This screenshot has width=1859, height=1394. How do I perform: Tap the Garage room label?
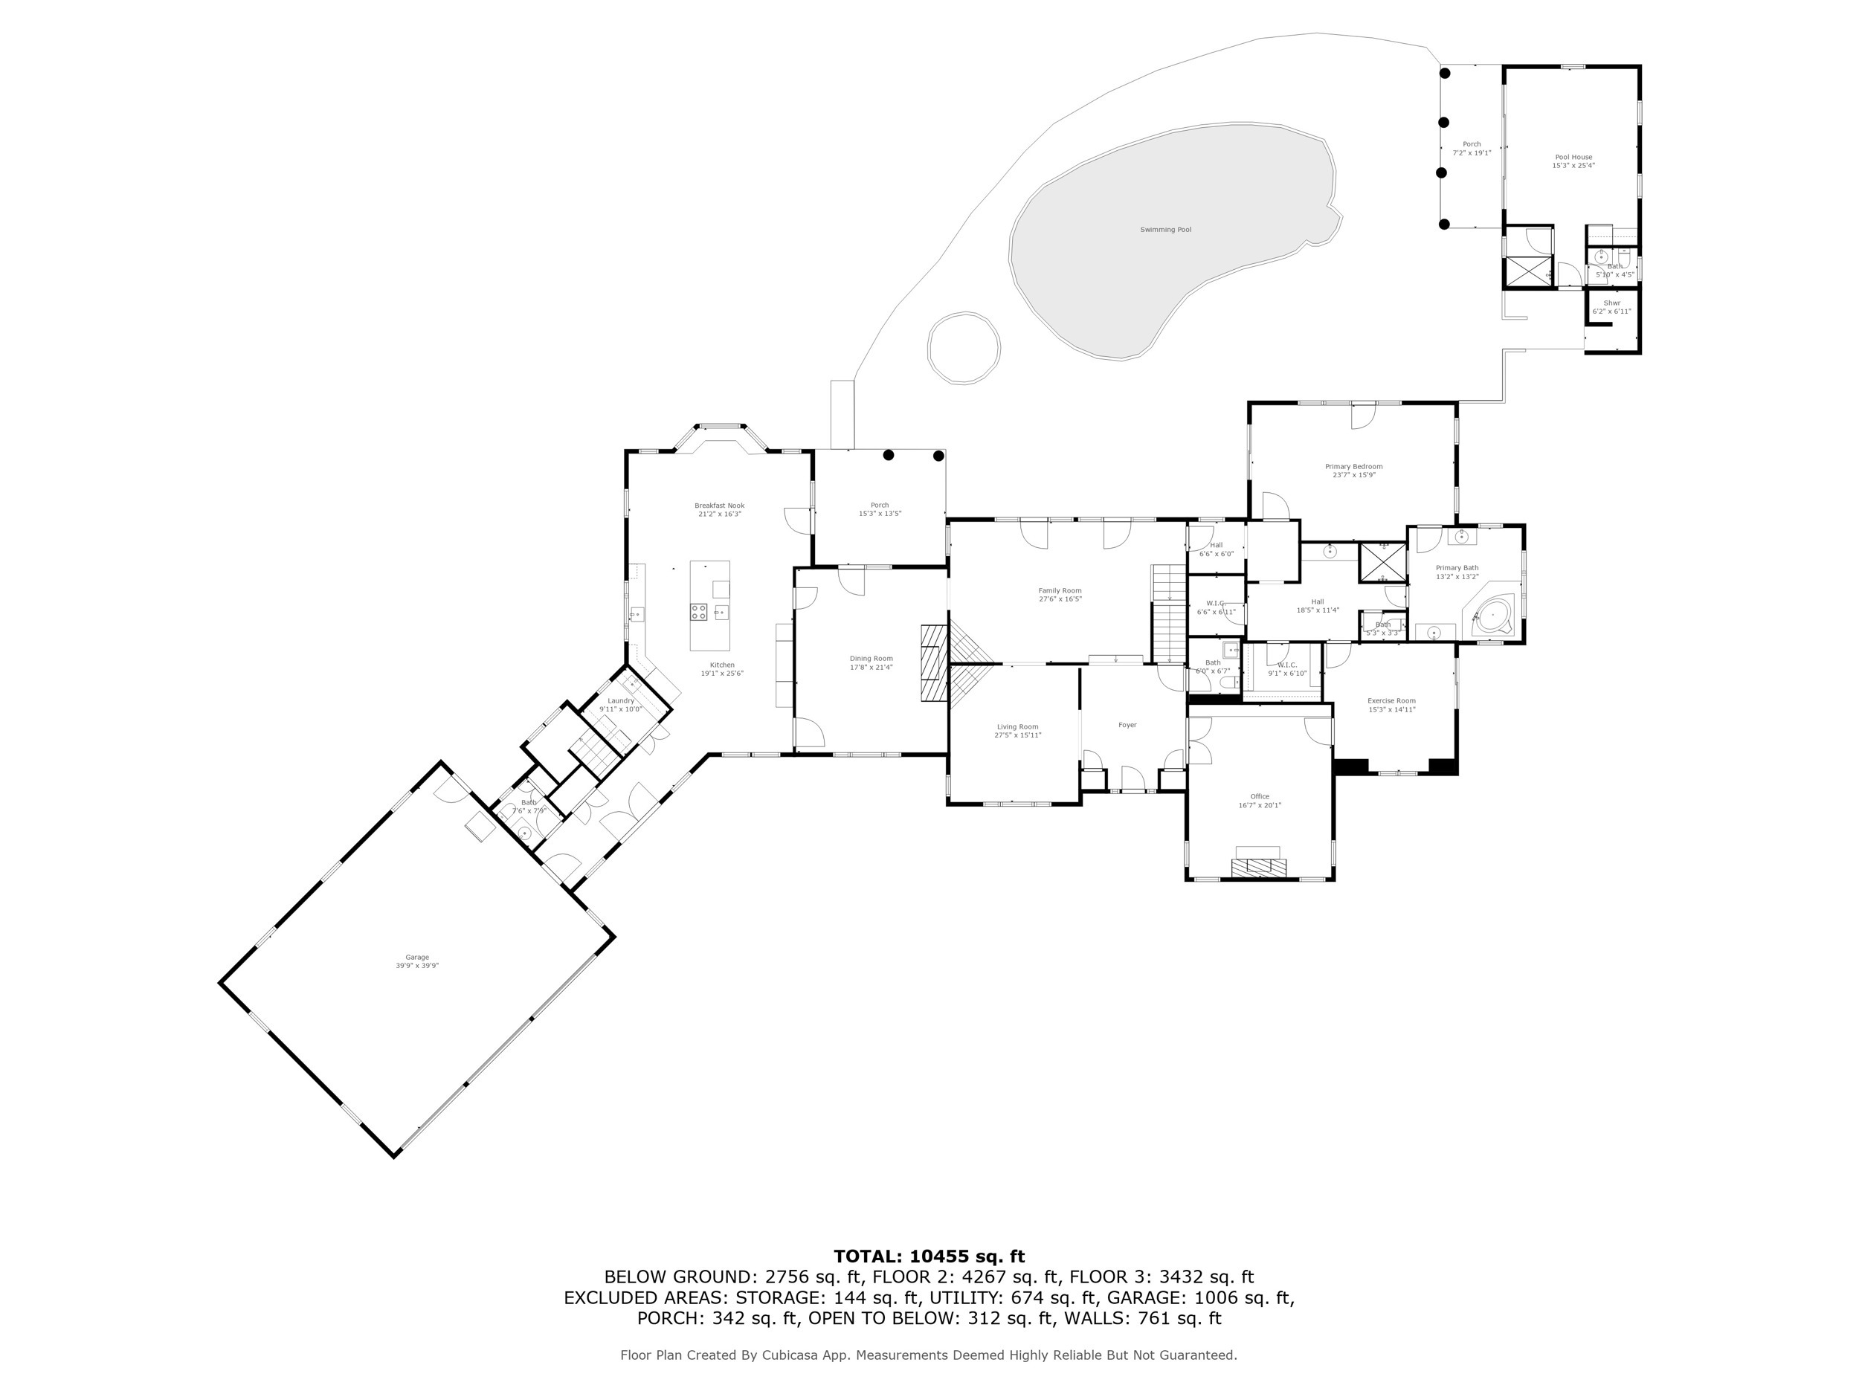coord(417,957)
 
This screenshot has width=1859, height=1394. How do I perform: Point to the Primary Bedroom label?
coord(1353,466)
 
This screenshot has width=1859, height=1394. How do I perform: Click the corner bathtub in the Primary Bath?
coord(1492,616)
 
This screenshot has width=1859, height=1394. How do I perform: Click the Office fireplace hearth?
coord(1257,867)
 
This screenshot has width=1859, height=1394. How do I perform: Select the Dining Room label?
coord(871,659)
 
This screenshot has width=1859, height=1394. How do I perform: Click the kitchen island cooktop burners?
coord(698,611)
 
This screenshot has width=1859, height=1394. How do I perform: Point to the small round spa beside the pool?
coord(963,348)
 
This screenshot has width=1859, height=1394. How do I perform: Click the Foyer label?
coord(1127,725)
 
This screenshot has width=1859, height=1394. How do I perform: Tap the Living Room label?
coord(1017,727)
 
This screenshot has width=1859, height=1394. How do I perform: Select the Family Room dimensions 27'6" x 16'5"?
coord(1060,599)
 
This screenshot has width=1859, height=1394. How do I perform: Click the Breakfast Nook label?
coord(718,506)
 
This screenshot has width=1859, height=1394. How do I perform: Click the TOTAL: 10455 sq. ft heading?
coord(929,1257)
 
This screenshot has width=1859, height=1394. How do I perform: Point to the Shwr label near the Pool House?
coord(1611,303)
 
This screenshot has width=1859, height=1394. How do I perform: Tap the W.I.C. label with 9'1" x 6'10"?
coord(1286,665)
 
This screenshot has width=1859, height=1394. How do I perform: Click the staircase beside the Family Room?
coord(1167,613)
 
